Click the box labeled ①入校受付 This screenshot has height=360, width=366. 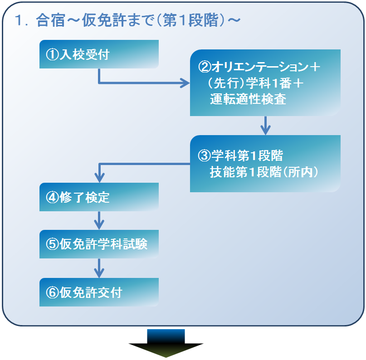tap(99, 54)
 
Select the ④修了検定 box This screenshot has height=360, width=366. tap(99, 197)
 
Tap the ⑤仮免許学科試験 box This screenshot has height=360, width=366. tap(99, 244)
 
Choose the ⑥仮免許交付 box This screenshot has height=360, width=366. tap(99, 292)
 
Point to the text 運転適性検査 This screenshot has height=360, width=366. tap(248, 100)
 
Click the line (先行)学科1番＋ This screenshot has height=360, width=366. tap(254, 83)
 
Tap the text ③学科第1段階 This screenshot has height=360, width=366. tap(241, 156)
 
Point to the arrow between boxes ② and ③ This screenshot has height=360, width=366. tap(265, 125)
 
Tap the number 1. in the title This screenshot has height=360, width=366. tap(22, 20)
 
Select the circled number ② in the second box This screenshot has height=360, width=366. tap(205, 67)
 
